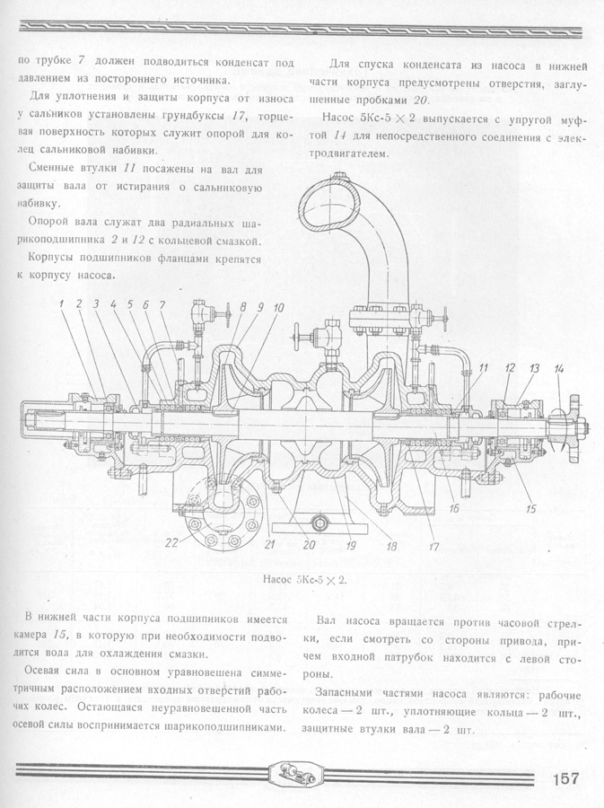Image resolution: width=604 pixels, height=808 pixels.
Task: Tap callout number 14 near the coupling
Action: point(559,368)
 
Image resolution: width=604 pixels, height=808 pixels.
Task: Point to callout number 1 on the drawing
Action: point(62,304)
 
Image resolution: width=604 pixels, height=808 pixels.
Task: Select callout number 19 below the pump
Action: point(351,544)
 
